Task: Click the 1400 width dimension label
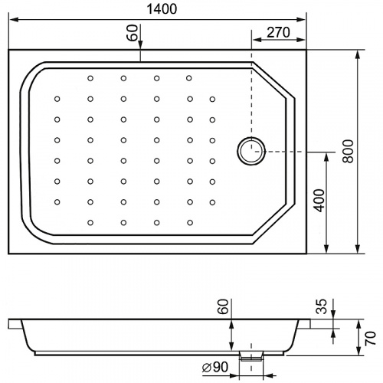[x=162, y=9]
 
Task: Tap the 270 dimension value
[x=278, y=32]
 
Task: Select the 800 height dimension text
[x=349, y=151]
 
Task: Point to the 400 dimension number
[x=319, y=201]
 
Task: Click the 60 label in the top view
[x=133, y=33]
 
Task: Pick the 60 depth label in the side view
[x=223, y=306]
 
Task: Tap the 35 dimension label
[x=321, y=306]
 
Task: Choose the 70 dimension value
[x=371, y=338]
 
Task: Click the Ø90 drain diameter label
[x=215, y=367]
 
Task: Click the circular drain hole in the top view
[x=251, y=151]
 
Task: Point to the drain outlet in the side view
[x=251, y=355]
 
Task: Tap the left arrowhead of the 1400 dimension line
[x=14, y=19]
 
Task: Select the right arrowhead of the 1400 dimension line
[x=301, y=19]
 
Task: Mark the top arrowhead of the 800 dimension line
[x=358, y=55]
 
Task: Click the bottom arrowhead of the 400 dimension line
[x=326, y=248]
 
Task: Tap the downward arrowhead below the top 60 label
[x=140, y=44]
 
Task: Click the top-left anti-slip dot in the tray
[x=90, y=78]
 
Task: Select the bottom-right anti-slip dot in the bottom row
[x=190, y=223]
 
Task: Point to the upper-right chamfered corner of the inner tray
[x=273, y=80]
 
